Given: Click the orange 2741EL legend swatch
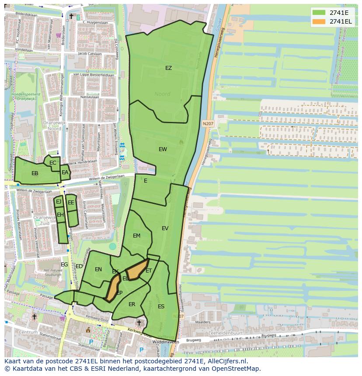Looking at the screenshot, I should click(x=319, y=21).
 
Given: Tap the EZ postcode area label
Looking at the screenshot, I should click(x=168, y=68).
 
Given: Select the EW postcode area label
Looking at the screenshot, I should click(x=163, y=149).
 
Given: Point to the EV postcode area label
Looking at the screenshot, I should click(x=165, y=228).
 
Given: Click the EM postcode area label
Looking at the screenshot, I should click(x=136, y=236).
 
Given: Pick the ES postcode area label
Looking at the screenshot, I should click(x=161, y=307).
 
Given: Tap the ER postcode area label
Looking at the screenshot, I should click(x=132, y=304).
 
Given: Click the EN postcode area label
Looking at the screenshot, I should click(x=98, y=269).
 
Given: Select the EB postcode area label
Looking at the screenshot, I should click(x=35, y=173).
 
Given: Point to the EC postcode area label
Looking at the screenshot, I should click(x=53, y=163).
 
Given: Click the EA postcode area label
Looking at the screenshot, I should click(x=65, y=172).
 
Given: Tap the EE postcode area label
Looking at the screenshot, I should click(x=71, y=203).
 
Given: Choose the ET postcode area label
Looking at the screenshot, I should click(x=149, y=271).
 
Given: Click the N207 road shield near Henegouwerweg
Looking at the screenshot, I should click(x=208, y=124).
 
